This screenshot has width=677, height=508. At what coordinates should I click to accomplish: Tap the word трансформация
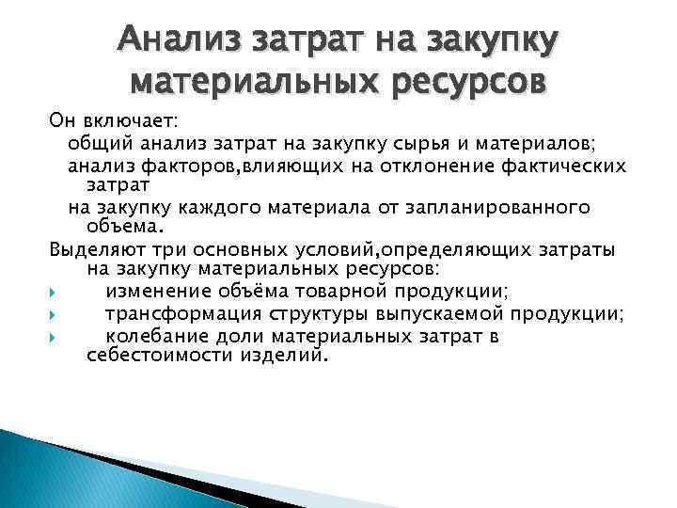(182, 314)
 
